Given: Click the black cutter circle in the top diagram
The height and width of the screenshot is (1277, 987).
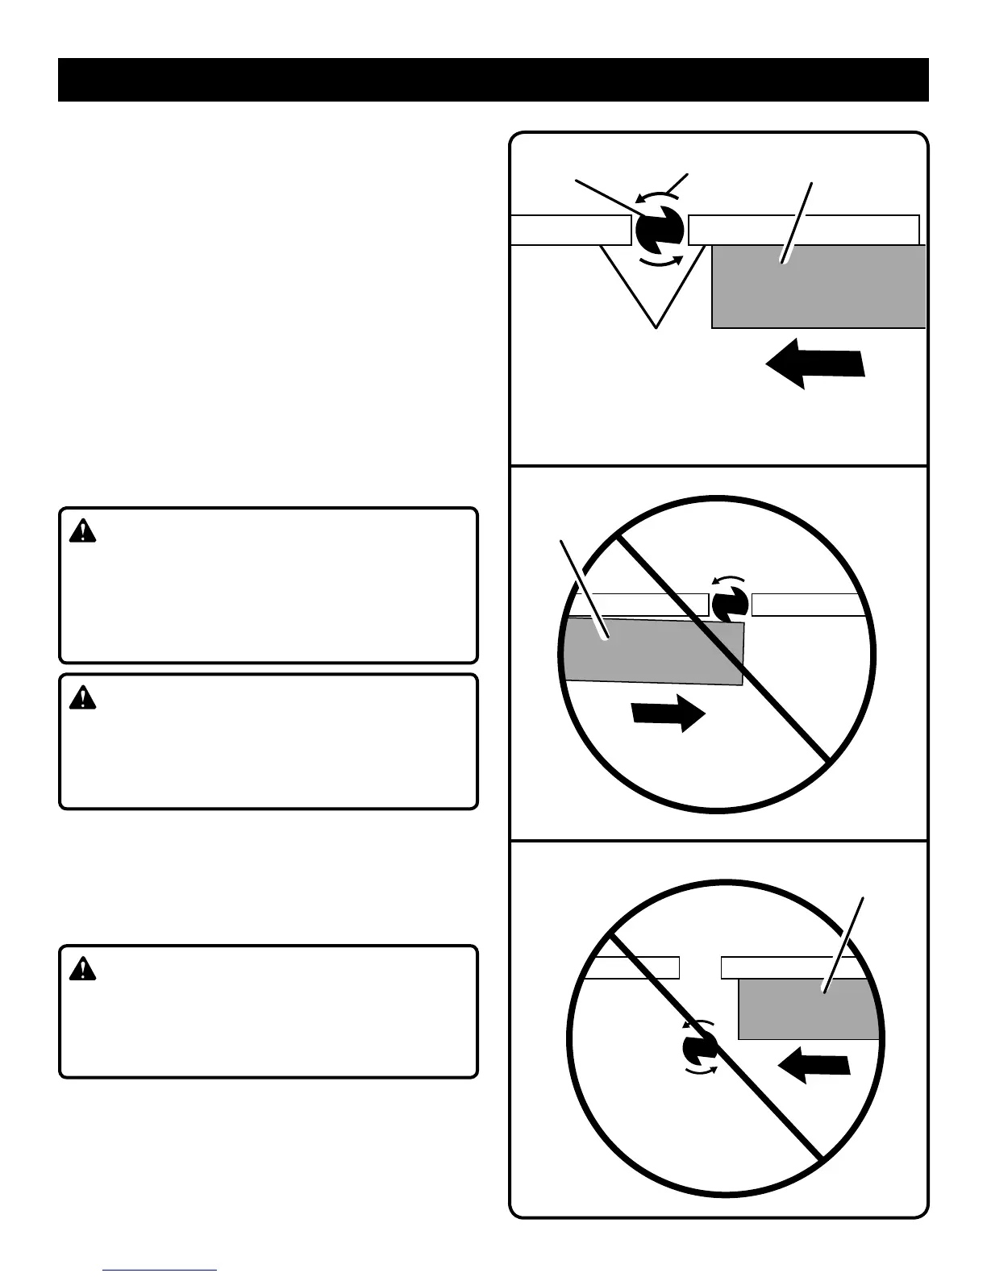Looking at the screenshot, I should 659,231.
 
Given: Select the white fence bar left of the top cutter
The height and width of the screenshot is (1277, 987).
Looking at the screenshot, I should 571,230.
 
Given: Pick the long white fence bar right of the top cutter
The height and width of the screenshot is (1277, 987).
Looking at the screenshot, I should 803,230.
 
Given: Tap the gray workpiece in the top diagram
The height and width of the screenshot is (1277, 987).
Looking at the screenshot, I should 818,287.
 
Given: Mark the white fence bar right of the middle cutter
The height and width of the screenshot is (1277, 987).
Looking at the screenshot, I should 806,605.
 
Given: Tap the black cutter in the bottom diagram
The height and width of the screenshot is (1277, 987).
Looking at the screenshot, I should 699,1048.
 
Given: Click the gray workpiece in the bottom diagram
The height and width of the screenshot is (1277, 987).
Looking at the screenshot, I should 806,1009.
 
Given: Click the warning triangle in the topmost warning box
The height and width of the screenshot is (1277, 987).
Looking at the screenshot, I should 82,531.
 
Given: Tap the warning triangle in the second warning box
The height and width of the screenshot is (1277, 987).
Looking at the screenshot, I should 82,697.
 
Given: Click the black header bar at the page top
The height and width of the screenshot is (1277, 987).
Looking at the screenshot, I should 493,80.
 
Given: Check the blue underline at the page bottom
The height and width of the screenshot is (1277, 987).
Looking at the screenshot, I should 160,1270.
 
